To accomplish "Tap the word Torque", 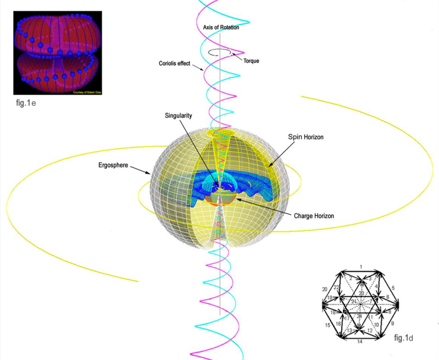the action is pyautogui.click(x=251, y=61).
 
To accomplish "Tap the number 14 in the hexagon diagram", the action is pyautogui.click(x=360, y=342).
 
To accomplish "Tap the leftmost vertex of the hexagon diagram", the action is pyautogui.click(x=323, y=306).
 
